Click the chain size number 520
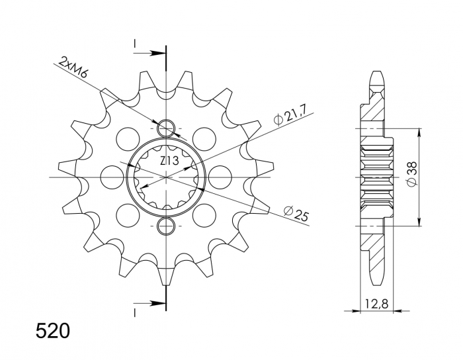coord(51,330)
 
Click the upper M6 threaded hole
coord(166,127)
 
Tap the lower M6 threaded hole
coord(166,227)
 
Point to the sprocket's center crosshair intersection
coord(166,177)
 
